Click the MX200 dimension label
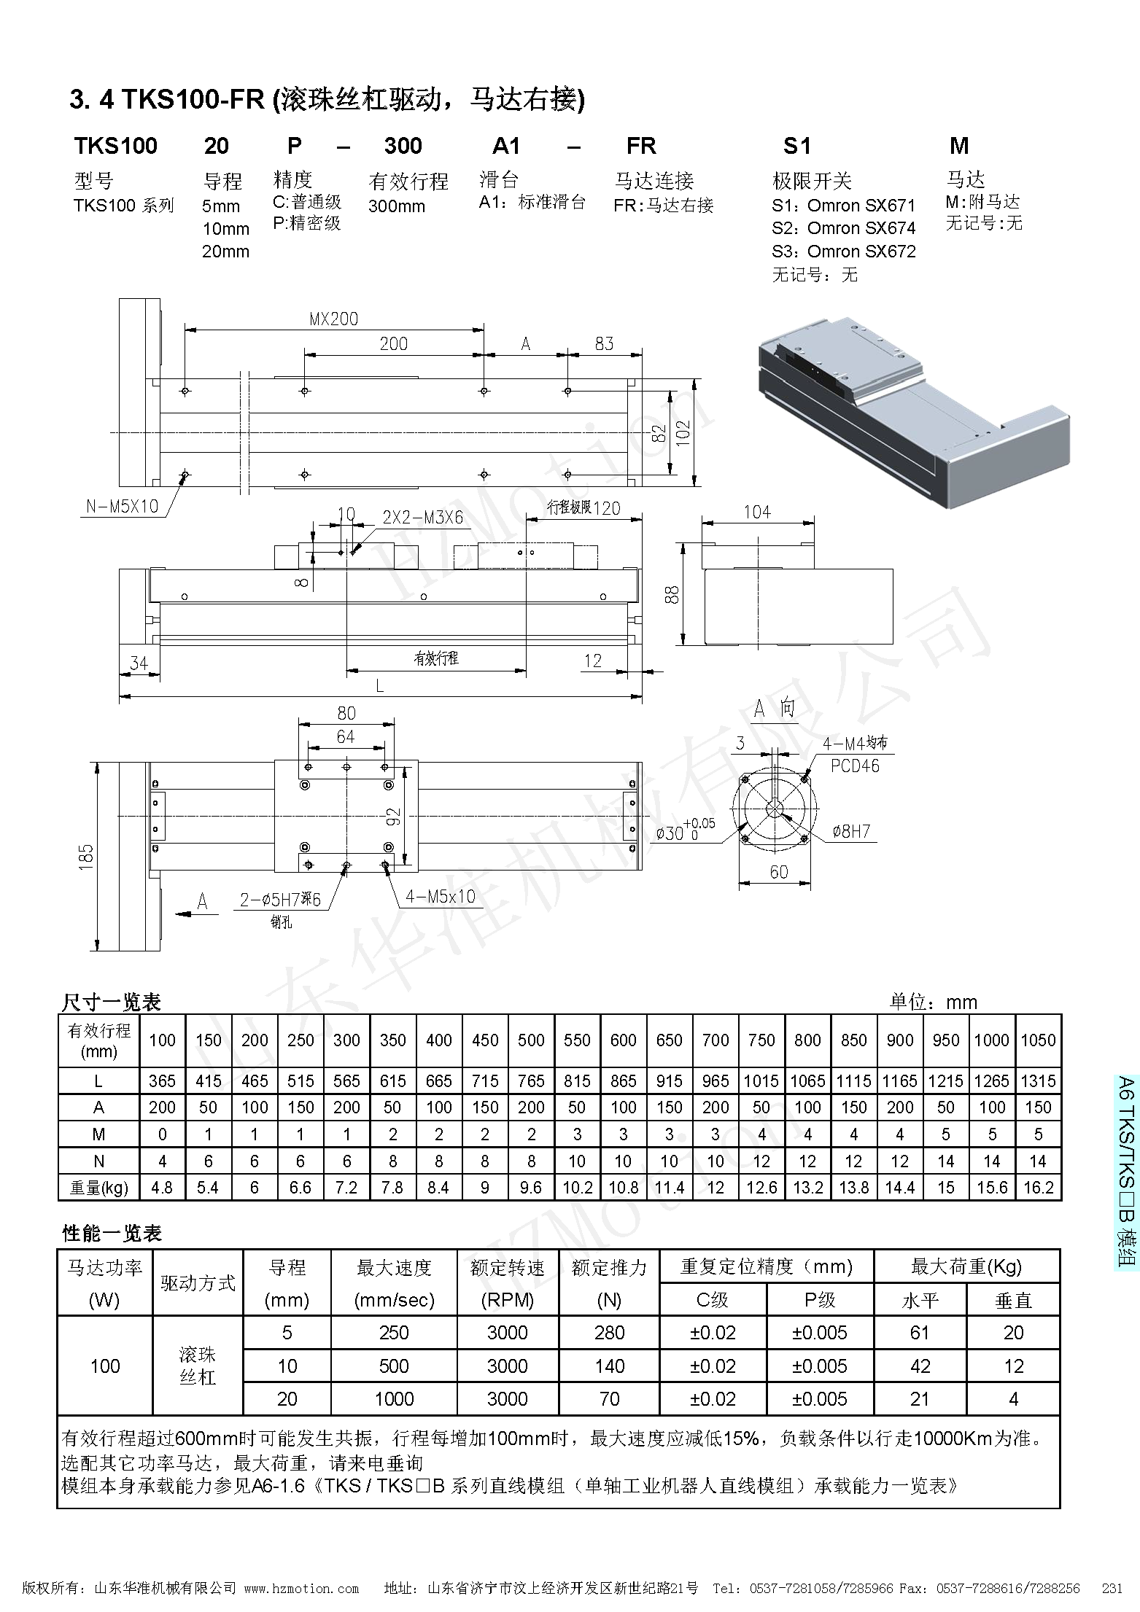pyautogui.click(x=333, y=319)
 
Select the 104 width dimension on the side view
pyautogui.click(x=757, y=512)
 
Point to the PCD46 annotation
pyautogui.click(x=855, y=766)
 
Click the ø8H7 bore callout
pyautogui.click(x=852, y=831)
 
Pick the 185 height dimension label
pyautogui.click(x=86, y=854)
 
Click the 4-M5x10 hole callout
pyautogui.click(x=440, y=896)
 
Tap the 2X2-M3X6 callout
pyautogui.click(x=422, y=518)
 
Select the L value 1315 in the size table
pyautogui.click(x=1038, y=1081)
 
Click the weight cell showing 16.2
pyautogui.click(x=1038, y=1188)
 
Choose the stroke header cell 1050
pyautogui.click(x=1038, y=1040)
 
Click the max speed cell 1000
pyautogui.click(x=394, y=1399)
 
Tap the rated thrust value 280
pyautogui.click(x=609, y=1333)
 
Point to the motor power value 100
pyautogui.click(x=105, y=1366)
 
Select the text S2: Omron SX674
pyautogui.click(x=843, y=228)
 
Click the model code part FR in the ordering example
pyautogui.click(x=641, y=146)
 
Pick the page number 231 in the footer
pyautogui.click(x=1112, y=1589)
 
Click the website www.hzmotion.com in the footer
pyautogui.click(x=301, y=1589)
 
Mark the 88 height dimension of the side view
pyautogui.click(x=672, y=594)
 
